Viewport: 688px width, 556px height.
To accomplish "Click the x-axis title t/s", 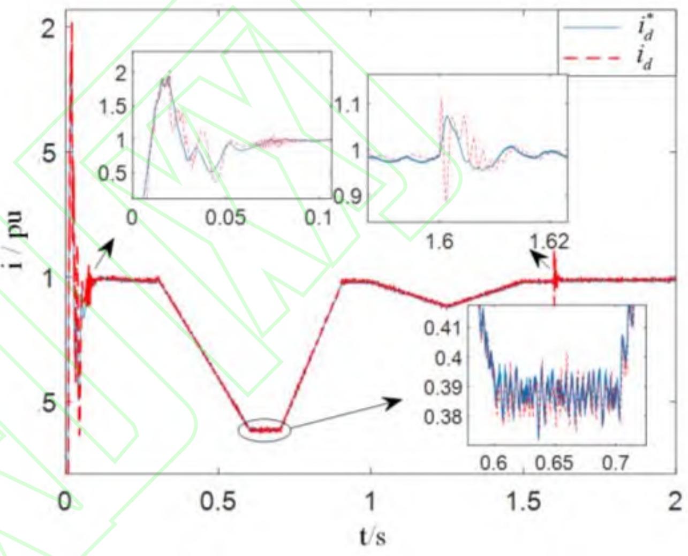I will pos(372,535).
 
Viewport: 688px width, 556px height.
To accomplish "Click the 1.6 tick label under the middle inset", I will pos(440,242).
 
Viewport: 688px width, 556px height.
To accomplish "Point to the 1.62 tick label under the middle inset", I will pos(550,242).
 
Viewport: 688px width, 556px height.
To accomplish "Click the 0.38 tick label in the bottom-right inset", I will pos(442,416).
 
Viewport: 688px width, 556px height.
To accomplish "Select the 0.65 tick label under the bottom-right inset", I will pos(554,462).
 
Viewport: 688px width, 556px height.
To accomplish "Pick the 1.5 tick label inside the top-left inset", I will pos(113,106).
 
